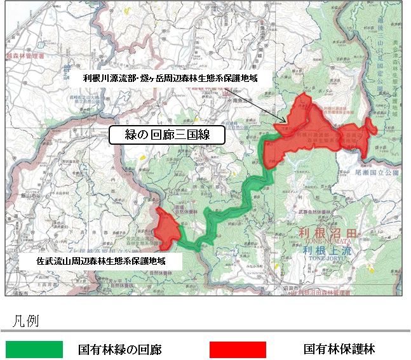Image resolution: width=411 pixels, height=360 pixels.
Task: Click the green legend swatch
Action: coord(34,349)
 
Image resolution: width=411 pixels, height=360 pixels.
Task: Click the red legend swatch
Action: coord(238,349)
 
